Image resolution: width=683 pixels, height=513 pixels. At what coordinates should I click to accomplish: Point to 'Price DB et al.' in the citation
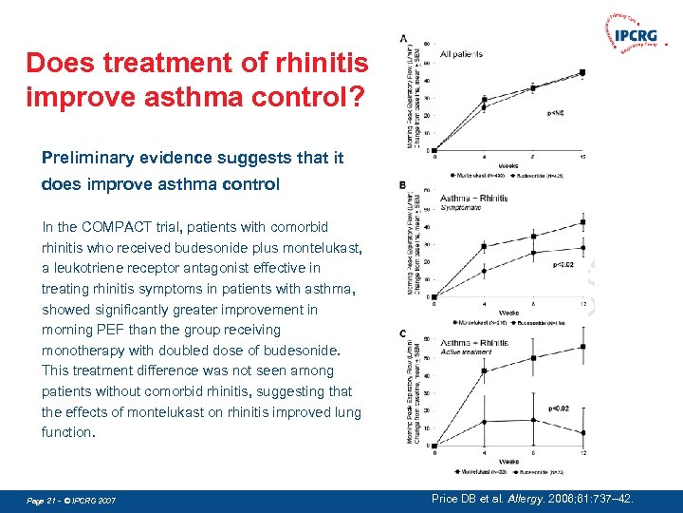tap(471, 499)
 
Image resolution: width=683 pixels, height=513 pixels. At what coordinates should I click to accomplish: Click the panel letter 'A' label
tap(403, 39)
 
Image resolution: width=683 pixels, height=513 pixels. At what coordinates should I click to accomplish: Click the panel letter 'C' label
tap(403, 332)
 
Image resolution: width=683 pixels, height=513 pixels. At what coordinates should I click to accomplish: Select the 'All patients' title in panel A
tap(462, 54)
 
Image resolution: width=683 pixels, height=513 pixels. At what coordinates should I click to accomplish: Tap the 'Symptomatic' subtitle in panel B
tap(461, 207)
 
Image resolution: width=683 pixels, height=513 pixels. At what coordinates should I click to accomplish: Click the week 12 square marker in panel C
tap(582, 348)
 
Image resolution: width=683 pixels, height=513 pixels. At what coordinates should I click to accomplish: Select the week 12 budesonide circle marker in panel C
tap(582, 432)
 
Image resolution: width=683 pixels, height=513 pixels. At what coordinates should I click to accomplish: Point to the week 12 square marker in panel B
tap(582, 222)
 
